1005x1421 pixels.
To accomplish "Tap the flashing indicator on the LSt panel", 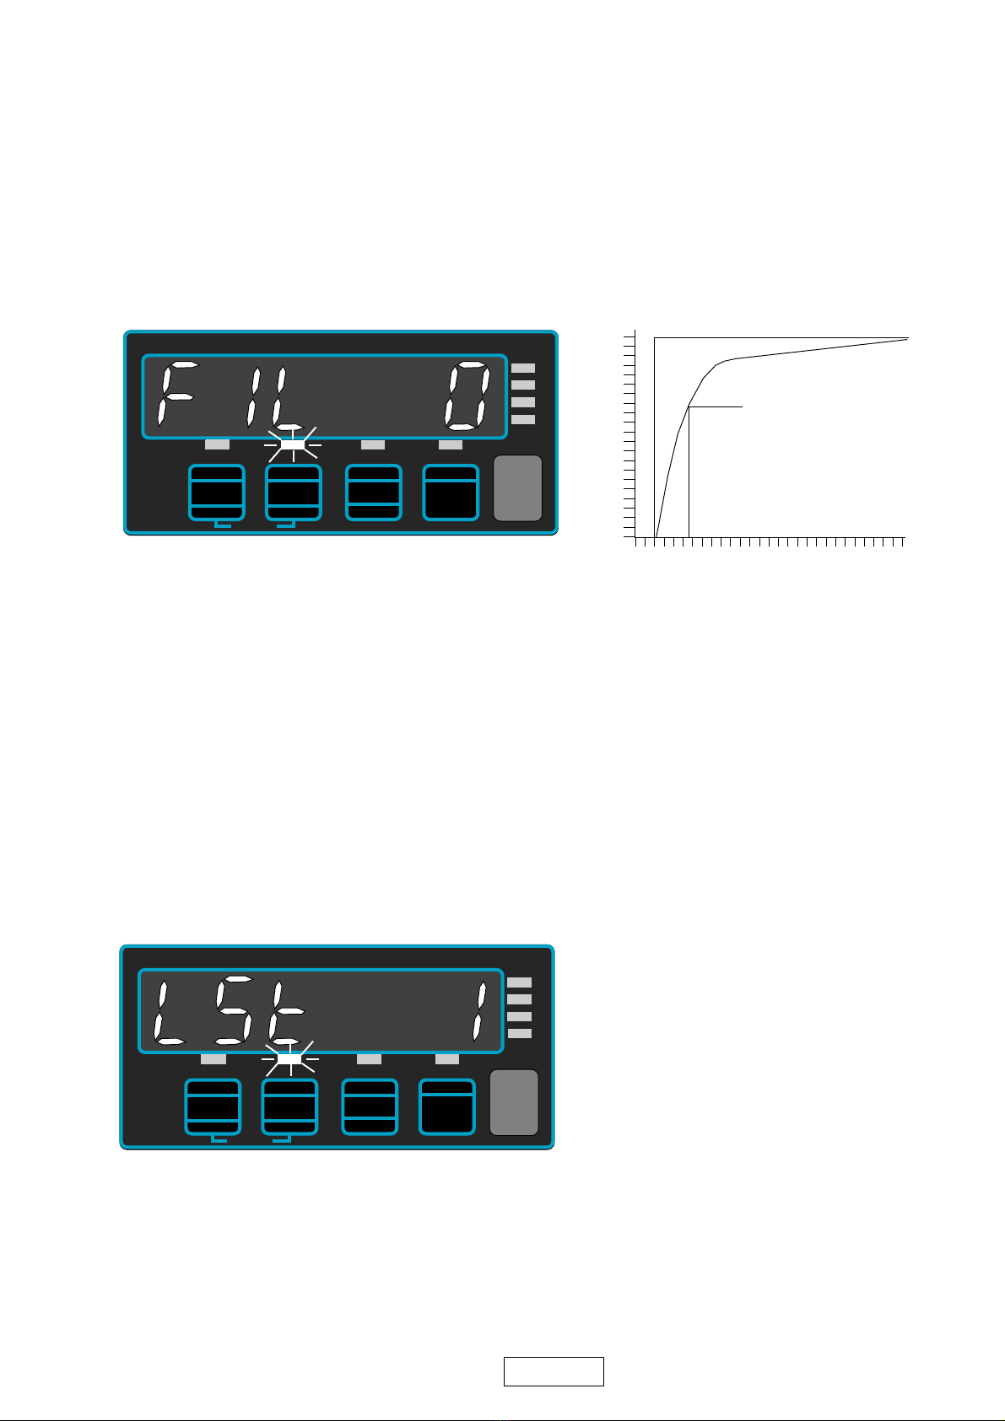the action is (x=289, y=1058).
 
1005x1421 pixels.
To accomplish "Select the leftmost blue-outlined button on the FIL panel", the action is (x=216, y=493).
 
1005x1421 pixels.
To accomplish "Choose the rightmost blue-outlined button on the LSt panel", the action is (x=447, y=1106).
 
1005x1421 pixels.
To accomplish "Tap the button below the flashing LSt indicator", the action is (x=289, y=1106).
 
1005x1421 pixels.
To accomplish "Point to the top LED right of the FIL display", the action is (x=523, y=369).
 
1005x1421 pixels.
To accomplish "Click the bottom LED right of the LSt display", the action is (x=520, y=1033).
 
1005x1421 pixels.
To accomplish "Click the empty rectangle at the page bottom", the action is (x=554, y=1371).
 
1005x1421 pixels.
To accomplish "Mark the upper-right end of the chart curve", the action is (x=907, y=339).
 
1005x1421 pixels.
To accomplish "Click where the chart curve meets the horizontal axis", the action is (x=656, y=536).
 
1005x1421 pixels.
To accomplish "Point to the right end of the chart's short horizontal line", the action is (x=743, y=407).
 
